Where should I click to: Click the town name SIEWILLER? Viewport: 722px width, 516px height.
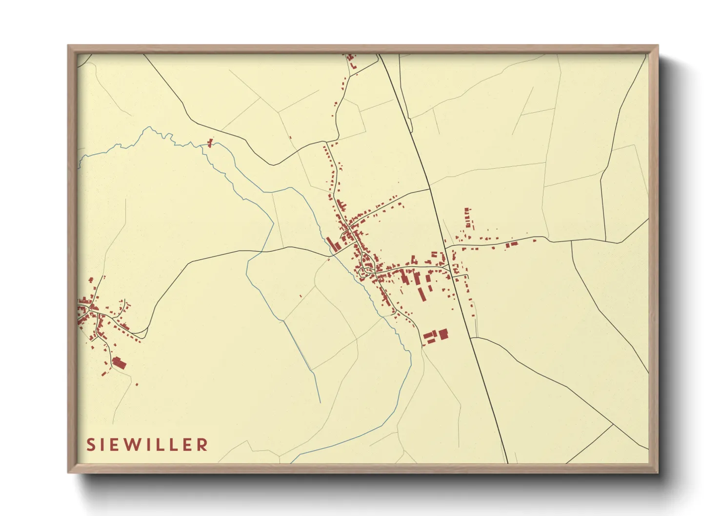147,445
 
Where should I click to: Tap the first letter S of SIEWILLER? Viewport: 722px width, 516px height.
91,445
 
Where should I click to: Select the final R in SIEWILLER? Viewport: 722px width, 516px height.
202,445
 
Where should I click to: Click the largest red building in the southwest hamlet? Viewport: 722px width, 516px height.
119,363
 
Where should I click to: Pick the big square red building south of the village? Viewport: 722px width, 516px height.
443,334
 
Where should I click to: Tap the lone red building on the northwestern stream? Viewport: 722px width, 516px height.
210,142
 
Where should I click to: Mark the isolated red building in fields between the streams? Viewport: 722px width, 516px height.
301,296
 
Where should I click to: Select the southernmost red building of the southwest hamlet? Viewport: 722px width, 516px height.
137,384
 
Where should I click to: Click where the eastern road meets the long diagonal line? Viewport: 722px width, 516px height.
445,245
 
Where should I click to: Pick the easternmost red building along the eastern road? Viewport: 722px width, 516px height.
535,240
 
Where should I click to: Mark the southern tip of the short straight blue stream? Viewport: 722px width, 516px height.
320,402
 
